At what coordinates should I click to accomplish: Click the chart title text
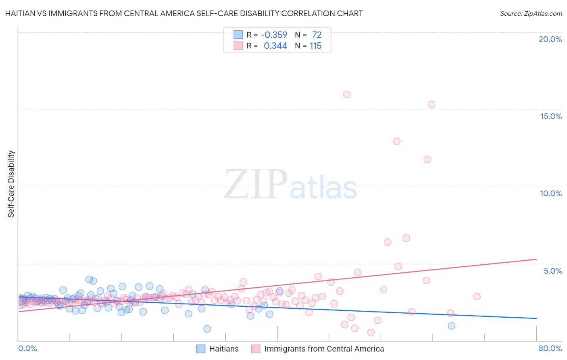tap(184, 14)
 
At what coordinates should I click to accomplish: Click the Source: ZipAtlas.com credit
tap(531, 14)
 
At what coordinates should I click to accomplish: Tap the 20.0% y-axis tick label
tap(550, 39)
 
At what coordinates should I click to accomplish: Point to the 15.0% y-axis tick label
tap(551, 116)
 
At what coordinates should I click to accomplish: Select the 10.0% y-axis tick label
tap(551, 193)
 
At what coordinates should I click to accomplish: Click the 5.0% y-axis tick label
tap(552, 271)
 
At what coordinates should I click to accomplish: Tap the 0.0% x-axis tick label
tap(27, 348)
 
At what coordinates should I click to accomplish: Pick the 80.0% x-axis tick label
tap(550, 348)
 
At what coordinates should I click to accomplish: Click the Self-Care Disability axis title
tap(11, 184)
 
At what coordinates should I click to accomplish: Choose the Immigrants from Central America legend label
tap(324, 349)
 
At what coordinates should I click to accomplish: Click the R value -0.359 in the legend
tap(274, 35)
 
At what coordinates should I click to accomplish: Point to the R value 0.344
tap(275, 46)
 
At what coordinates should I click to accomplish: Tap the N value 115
tap(315, 46)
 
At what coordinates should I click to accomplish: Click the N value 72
tap(317, 35)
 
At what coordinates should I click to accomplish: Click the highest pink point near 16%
tap(347, 94)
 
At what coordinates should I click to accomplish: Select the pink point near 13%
tap(396, 141)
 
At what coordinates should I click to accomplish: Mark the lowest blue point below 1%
tap(207, 329)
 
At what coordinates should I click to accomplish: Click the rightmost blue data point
tap(452, 326)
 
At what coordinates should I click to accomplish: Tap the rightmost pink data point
tap(477, 297)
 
